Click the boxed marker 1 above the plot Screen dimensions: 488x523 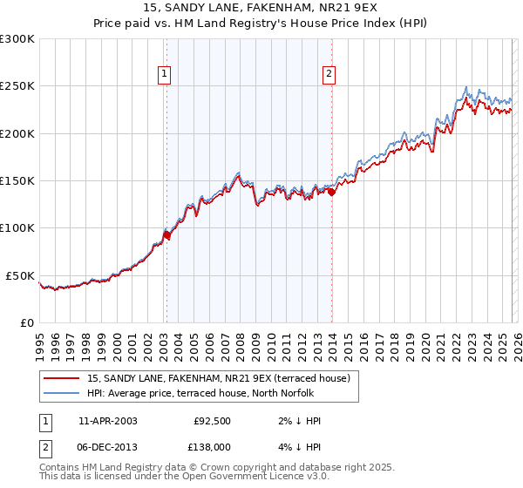(x=165, y=75)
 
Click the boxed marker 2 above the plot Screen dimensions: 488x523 (x=329, y=75)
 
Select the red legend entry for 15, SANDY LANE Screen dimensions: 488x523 (x=218, y=378)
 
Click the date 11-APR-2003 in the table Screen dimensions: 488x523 (x=107, y=421)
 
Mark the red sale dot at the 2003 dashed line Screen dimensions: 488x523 (x=166, y=235)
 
